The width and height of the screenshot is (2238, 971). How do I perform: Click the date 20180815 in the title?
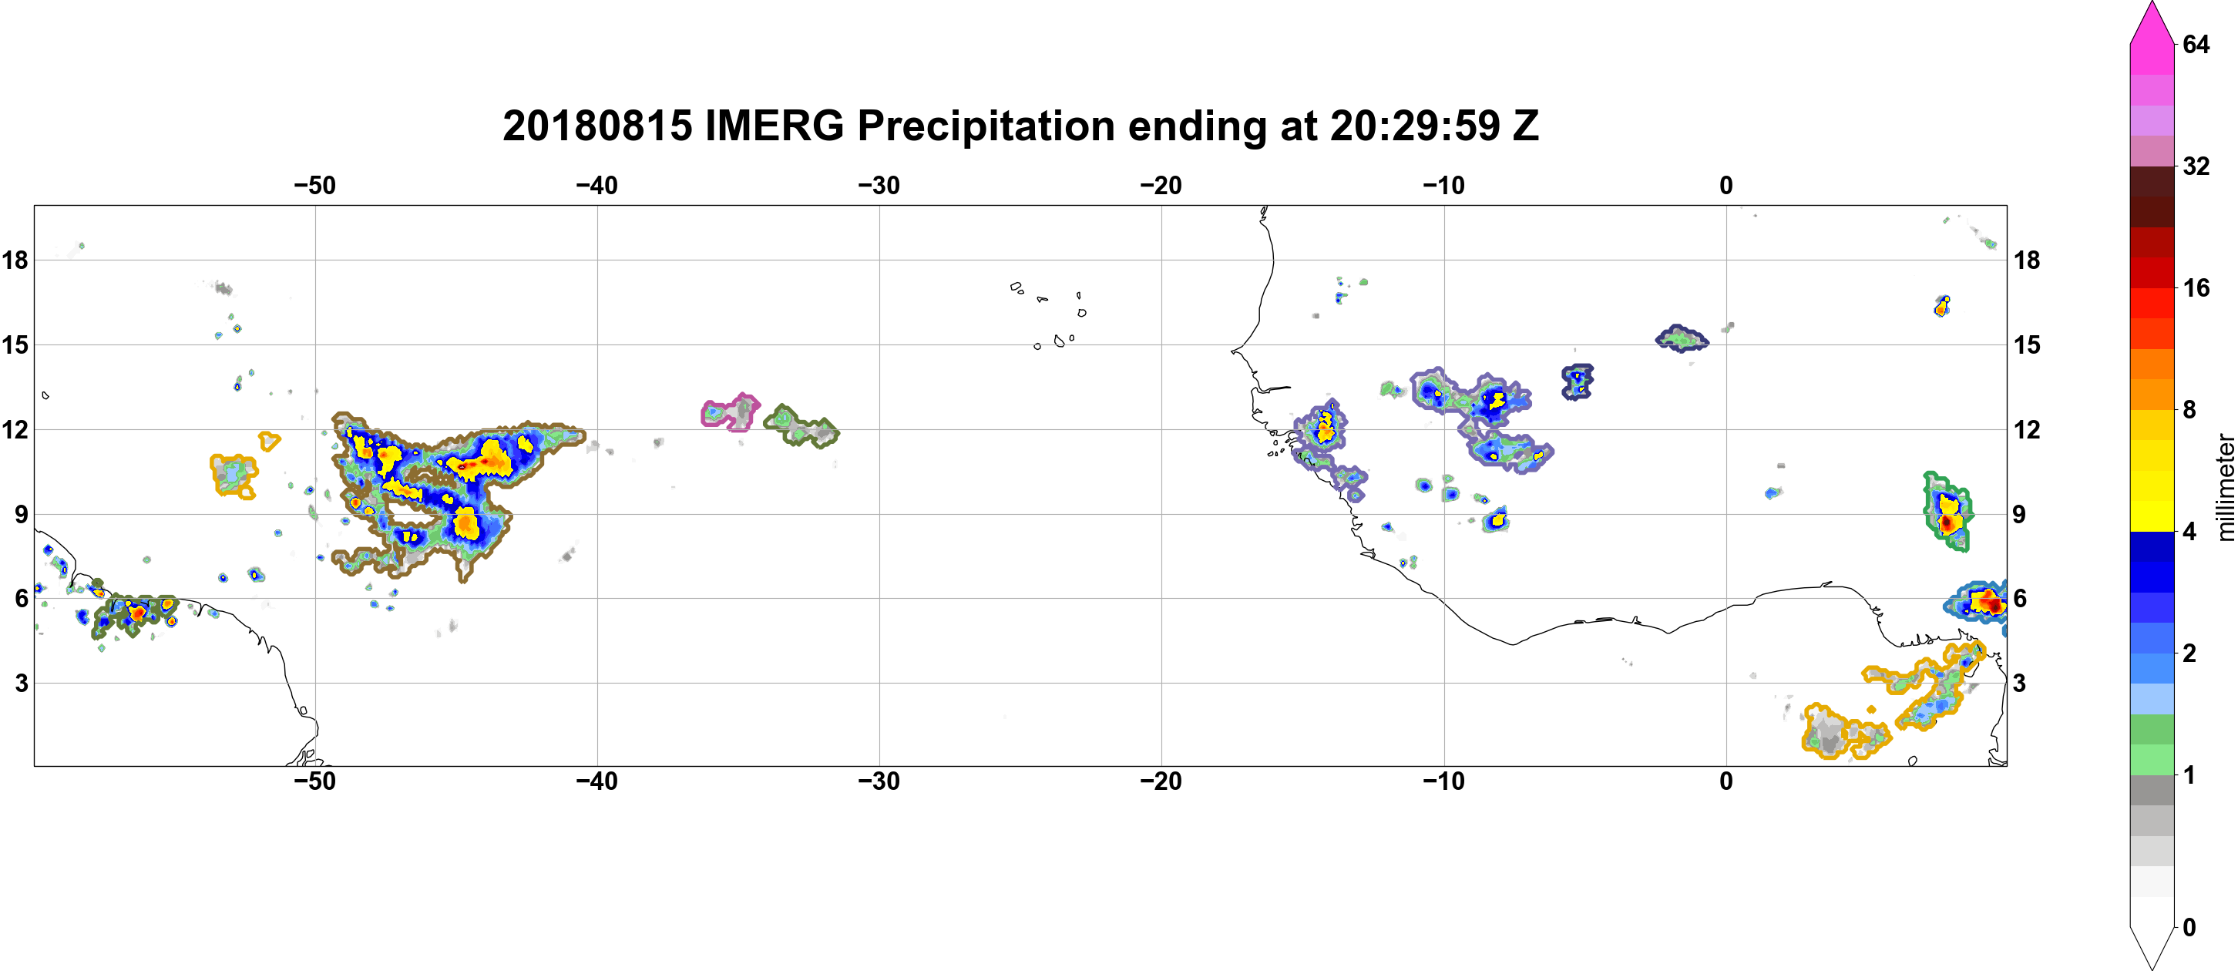(598, 126)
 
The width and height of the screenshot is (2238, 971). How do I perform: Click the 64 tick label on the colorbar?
(2196, 44)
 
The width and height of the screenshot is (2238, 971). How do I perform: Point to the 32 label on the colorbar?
(2196, 166)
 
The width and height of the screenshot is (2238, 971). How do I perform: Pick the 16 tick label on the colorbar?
(2196, 287)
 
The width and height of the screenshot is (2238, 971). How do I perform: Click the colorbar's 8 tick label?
(2189, 409)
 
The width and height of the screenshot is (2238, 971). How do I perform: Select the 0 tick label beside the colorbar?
(2189, 928)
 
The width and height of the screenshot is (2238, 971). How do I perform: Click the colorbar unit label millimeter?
(2225, 487)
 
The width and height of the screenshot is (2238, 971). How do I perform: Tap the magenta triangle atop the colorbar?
(2152, 22)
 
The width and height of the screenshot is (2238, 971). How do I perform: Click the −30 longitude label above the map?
(879, 186)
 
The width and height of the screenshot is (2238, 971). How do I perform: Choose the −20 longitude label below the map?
(1161, 781)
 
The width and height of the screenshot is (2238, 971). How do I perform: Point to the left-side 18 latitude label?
(15, 260)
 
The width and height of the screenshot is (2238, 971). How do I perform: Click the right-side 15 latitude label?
(2027, 344)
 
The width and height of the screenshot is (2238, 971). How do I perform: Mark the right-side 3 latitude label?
(2019, 684)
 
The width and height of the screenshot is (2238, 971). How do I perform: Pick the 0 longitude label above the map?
(1726, 186)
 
